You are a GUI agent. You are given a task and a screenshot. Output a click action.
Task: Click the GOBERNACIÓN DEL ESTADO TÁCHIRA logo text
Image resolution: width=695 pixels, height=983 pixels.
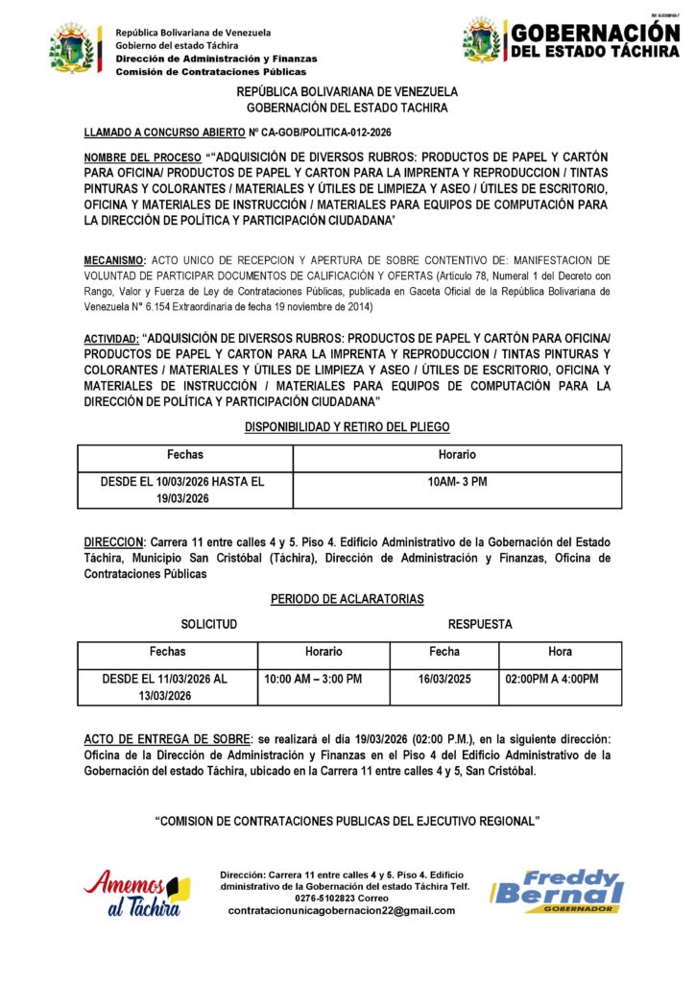(x=594, y=40)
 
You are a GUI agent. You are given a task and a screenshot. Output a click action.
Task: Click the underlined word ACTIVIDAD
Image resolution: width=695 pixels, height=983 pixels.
(x=110, y=339)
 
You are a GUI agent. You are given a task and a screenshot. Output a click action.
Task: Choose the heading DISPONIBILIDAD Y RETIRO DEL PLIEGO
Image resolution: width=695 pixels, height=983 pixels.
(x=347, y=426)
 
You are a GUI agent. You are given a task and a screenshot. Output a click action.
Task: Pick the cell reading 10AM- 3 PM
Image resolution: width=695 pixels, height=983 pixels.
(x=457, y=481)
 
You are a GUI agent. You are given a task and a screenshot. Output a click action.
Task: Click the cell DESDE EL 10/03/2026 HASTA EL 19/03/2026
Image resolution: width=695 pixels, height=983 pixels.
(x=182, y=490)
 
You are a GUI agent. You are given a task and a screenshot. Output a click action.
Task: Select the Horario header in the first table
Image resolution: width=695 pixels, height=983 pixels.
(x=457, y=455)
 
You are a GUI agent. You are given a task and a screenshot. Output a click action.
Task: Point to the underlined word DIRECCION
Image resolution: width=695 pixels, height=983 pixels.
(x=113, y=542)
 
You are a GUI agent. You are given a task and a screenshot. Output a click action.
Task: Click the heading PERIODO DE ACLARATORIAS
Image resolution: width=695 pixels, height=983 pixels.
(x=347, y=599)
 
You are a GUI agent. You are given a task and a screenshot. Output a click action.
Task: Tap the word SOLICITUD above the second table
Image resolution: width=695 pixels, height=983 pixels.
(x=208, y=624)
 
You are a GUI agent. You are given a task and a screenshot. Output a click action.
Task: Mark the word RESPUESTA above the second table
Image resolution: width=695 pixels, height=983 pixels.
(x=479, y=624)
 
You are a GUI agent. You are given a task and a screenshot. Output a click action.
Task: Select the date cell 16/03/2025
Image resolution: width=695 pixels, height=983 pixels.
(x=443, y=679)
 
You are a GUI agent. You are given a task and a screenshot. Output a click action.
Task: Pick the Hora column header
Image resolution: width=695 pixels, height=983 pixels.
(x=560, y=652)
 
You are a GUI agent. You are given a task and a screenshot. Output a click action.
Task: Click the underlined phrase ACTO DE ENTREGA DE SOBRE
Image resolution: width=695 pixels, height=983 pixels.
(x=164, y=738)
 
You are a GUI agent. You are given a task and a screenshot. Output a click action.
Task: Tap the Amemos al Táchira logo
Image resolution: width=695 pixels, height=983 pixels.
(x=136, y=893)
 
